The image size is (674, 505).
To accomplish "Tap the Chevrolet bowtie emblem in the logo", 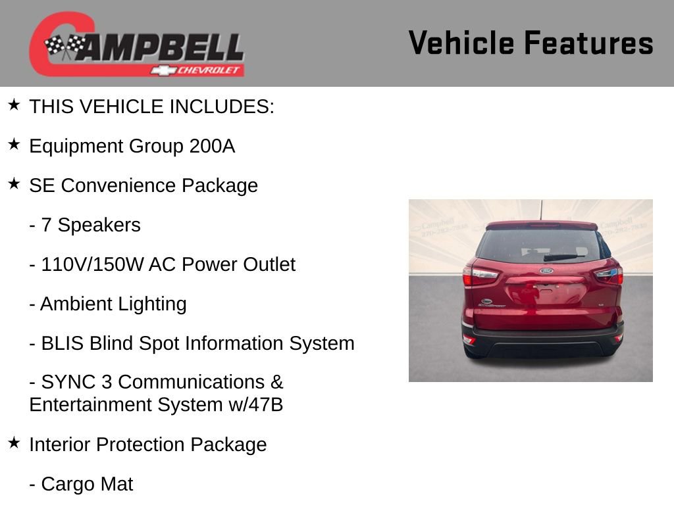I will (163, 70).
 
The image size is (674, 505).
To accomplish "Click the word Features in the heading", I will (589, 43).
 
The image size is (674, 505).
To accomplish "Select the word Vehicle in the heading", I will (461, 43).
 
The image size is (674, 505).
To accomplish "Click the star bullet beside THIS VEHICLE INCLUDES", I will (14, 105).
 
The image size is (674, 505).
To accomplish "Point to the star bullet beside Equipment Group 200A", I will (14, 144).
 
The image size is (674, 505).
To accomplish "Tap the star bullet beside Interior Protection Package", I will (14, 443).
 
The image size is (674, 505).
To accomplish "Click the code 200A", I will (212, 146).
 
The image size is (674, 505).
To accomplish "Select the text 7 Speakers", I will (91, 225).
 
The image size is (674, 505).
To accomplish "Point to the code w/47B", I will (256, 405).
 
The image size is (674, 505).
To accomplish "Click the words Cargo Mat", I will (87, 485).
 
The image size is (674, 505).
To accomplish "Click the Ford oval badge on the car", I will (546, 271).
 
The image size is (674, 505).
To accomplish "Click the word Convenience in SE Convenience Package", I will (118, 185).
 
